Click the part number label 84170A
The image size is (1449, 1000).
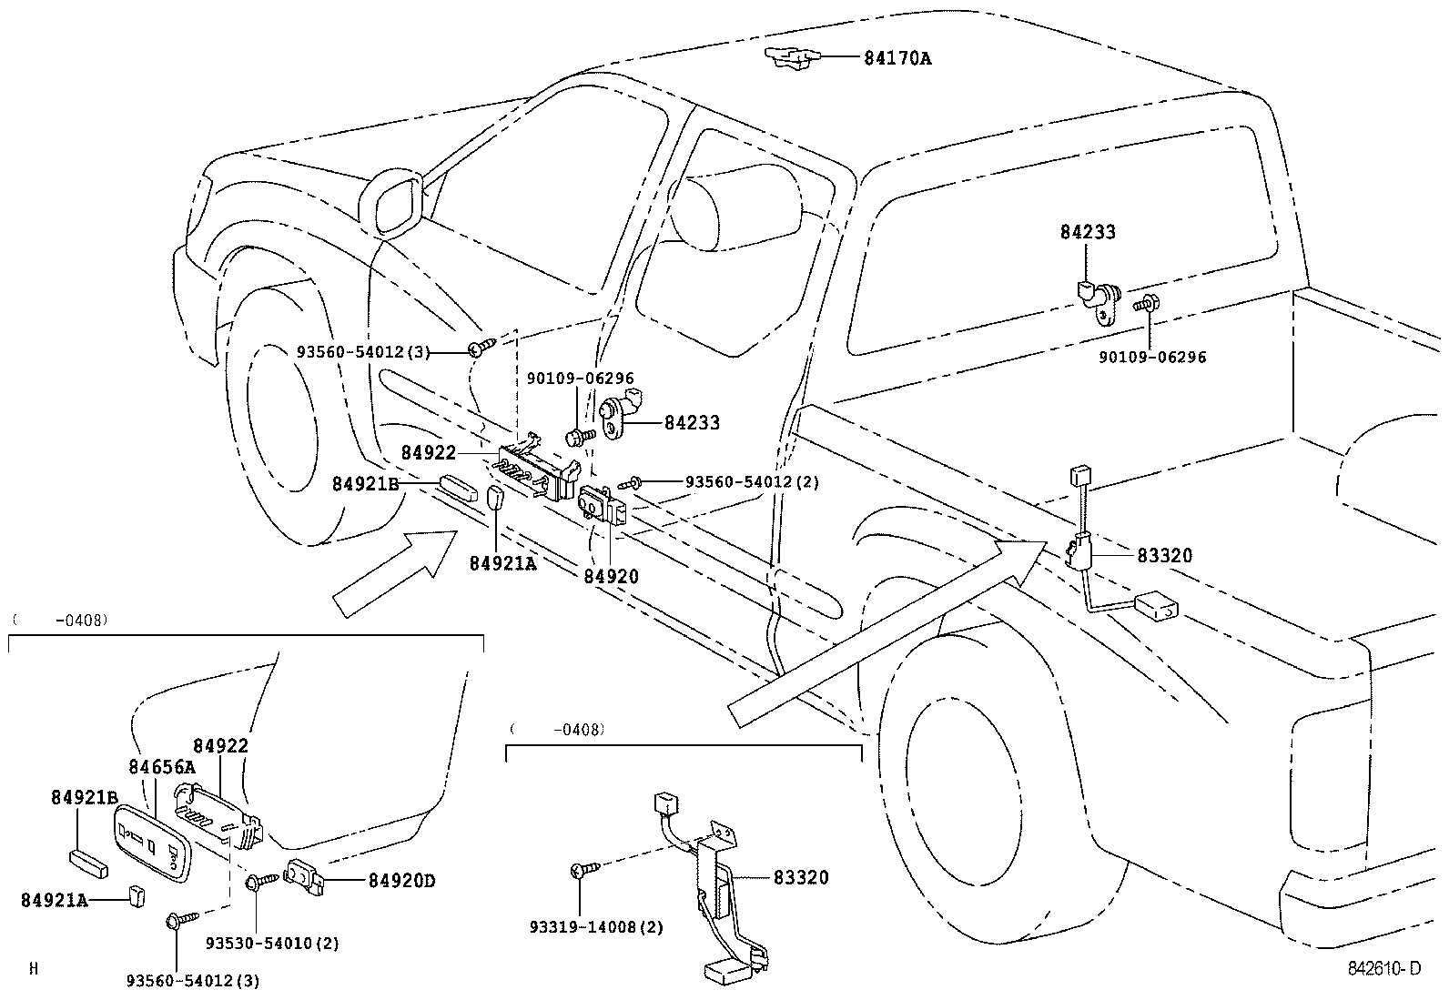pyautogui.click(x=897, y=58)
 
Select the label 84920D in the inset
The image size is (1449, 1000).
pyautogui.click(x=401, y=881)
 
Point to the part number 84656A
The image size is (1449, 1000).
pyautogui.click(x=161, y=767)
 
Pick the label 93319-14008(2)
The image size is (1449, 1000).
pyautogui.click(x=596, y=928)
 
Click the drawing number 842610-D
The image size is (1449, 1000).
pyautogui.click(x=1383, y=969)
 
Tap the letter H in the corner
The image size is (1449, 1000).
pyautogui.click(x=34, y=969)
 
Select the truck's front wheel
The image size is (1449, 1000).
pyautogui.click(x=300, y=428)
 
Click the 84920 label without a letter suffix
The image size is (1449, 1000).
pyautogui.click(x=611, y=576)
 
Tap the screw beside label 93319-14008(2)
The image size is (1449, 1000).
pyautogui.click(x=581, y=871)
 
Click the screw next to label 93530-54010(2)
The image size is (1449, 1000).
pyautogui.click(x=258, y=881)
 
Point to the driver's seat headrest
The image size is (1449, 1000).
pyautogui.click(x=728, y=205)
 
